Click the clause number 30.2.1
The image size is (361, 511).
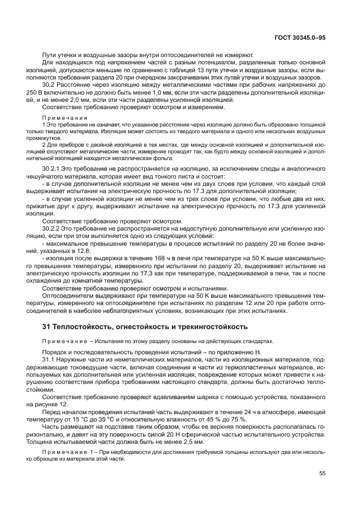[51, 167]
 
